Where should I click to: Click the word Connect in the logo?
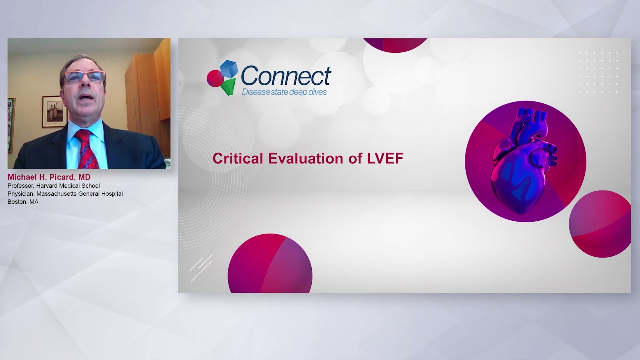pyautogui.click(x=286, y=76)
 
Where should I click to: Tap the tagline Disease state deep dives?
pyautogui.click(x=284, y=92)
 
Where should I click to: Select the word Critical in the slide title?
pyautogui.click(x=238, y=159)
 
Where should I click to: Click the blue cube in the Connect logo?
pyautogui.click(x=229, y=69)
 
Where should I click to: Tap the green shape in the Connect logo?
pyautogui.click(x=228, y=86)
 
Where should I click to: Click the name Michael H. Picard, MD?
pyautogui.click(x=49, y=177)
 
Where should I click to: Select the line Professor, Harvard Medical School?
pyautogui.click(x=54, y=186)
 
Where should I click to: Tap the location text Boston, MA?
pyautogui.click(x=23, y=202)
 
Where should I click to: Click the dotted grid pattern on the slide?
pyautogui.click(x=598, y=72)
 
